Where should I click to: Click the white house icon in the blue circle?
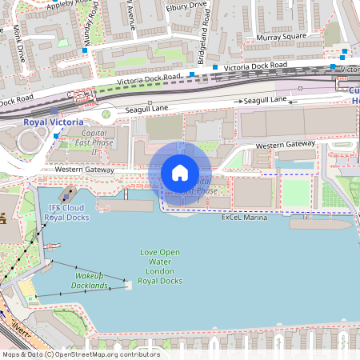[x=180, y=173]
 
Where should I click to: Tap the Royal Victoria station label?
[x=54, y=122]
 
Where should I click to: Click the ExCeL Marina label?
[x=244, y=218]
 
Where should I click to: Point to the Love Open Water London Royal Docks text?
[x=160, y=266]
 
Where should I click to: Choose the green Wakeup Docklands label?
[x=86, y=281]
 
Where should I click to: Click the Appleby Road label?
[x=67, y=3]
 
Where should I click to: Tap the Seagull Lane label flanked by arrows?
[x=265, y=100]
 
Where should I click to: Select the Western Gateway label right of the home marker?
[x=285, y=145]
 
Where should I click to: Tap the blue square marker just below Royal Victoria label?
[x=55, y=136]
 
